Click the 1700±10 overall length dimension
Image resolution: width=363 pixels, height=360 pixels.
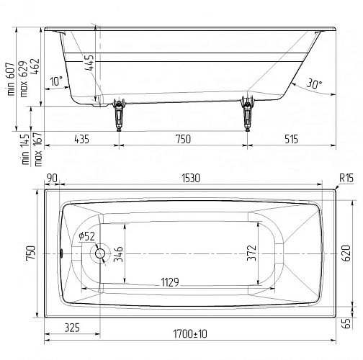pyautogui.click(x=190, y=334)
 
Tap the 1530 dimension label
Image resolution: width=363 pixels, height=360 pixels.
pyautogui.click(x=191, y=179)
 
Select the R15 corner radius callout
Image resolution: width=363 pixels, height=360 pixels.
pyautogui.click(x=346, y=179)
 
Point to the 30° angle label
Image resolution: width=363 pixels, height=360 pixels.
pyautogui.click(x=314, y=84)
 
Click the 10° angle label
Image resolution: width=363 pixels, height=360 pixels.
pyautogui.click(x=56, y=81)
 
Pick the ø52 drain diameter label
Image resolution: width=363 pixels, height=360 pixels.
pyautogui.click(x=86, y=236)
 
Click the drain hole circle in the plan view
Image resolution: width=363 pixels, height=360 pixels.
pyautogui.click(x=100, y=253)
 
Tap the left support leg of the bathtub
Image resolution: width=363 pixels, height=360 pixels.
pyautogui.click(x=119, y=114)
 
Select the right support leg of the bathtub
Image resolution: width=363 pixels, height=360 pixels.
pyautogui.click(x=247, y=114)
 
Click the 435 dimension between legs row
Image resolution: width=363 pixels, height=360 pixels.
pyautogui.click(x=81, y=139)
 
